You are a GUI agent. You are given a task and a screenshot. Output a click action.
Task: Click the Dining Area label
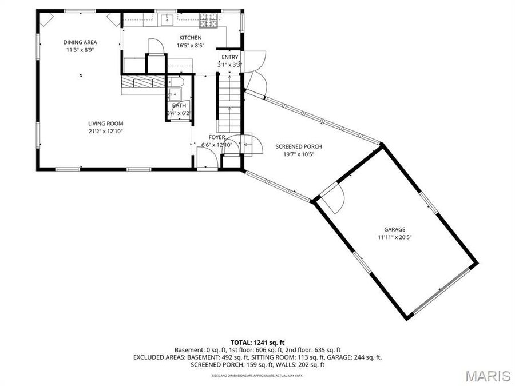pyautogui.click(x=80, y=42)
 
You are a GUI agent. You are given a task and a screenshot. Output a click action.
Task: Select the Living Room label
pyautogui.click(x=105, y=124)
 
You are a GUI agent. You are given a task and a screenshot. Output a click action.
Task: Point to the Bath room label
pyautogui.click(x=179, y=105)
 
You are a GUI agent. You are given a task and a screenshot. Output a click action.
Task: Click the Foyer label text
pyautogui.click(x=216, y=137)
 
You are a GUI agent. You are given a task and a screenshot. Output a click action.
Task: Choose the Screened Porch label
pyautogui.click(x=295, y=146)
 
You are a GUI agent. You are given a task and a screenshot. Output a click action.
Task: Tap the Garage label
pyautogui.click(x=395, y=229)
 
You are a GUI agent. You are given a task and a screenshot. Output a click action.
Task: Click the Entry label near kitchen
pyautogui.click(x=229, y=57)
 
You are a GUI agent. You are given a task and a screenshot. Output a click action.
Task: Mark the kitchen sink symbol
pyautogui.click(x=167, y=21)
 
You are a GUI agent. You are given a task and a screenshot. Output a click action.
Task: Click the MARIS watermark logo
pyautogui.click(x=487, y=376)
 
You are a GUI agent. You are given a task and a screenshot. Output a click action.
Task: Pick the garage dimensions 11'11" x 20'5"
pyautogui.click(x=395, y=237)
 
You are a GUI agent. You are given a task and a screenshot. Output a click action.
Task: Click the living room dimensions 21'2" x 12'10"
pyautogui.click(x=105, y=131)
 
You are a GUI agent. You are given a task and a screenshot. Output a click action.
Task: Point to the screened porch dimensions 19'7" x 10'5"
pyautogui.click(x=295, y=154)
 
